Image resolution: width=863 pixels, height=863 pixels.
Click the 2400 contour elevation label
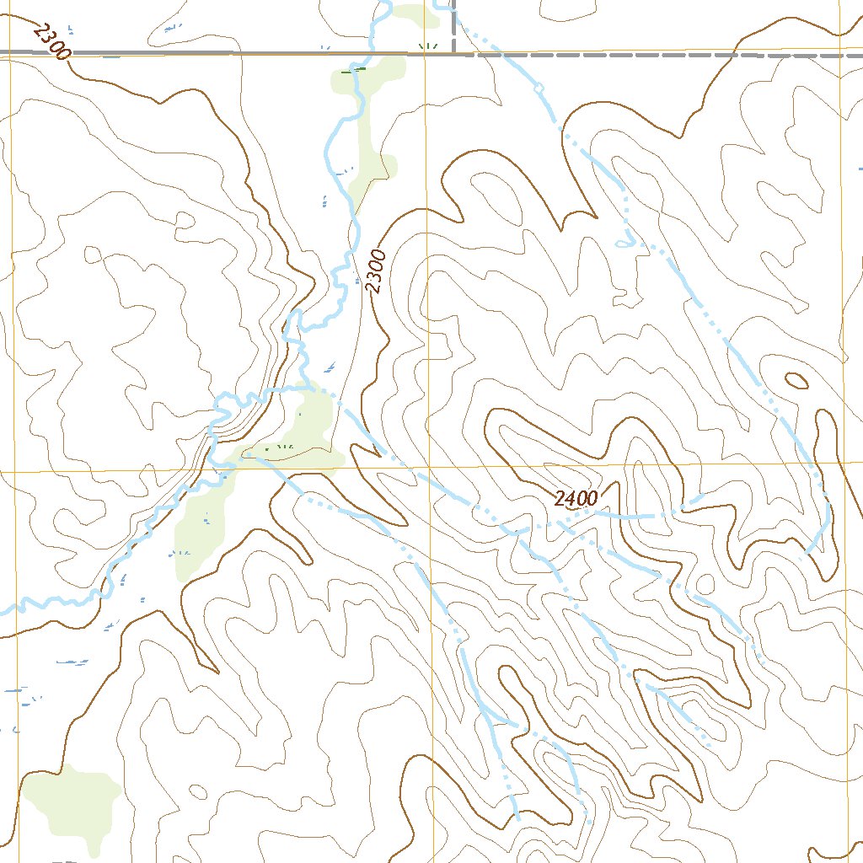click(x=576, y=498)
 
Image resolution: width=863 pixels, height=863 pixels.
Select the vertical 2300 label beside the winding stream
click(x=376, y=271)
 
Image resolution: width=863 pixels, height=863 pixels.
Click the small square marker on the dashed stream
click(x=536, y=88)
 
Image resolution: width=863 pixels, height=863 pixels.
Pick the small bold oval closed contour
click(x=796, y=381)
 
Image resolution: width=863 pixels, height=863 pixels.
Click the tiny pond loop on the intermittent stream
click(x=622, y=243)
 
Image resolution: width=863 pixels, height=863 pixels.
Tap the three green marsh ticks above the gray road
click(x=428, y=45)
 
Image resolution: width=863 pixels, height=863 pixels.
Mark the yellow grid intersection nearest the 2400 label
click(x=428, y=465)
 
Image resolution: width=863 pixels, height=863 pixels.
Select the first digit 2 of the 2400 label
click(x=560, y=499)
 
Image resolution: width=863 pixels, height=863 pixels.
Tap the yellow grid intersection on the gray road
click(x=426, y=54)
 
